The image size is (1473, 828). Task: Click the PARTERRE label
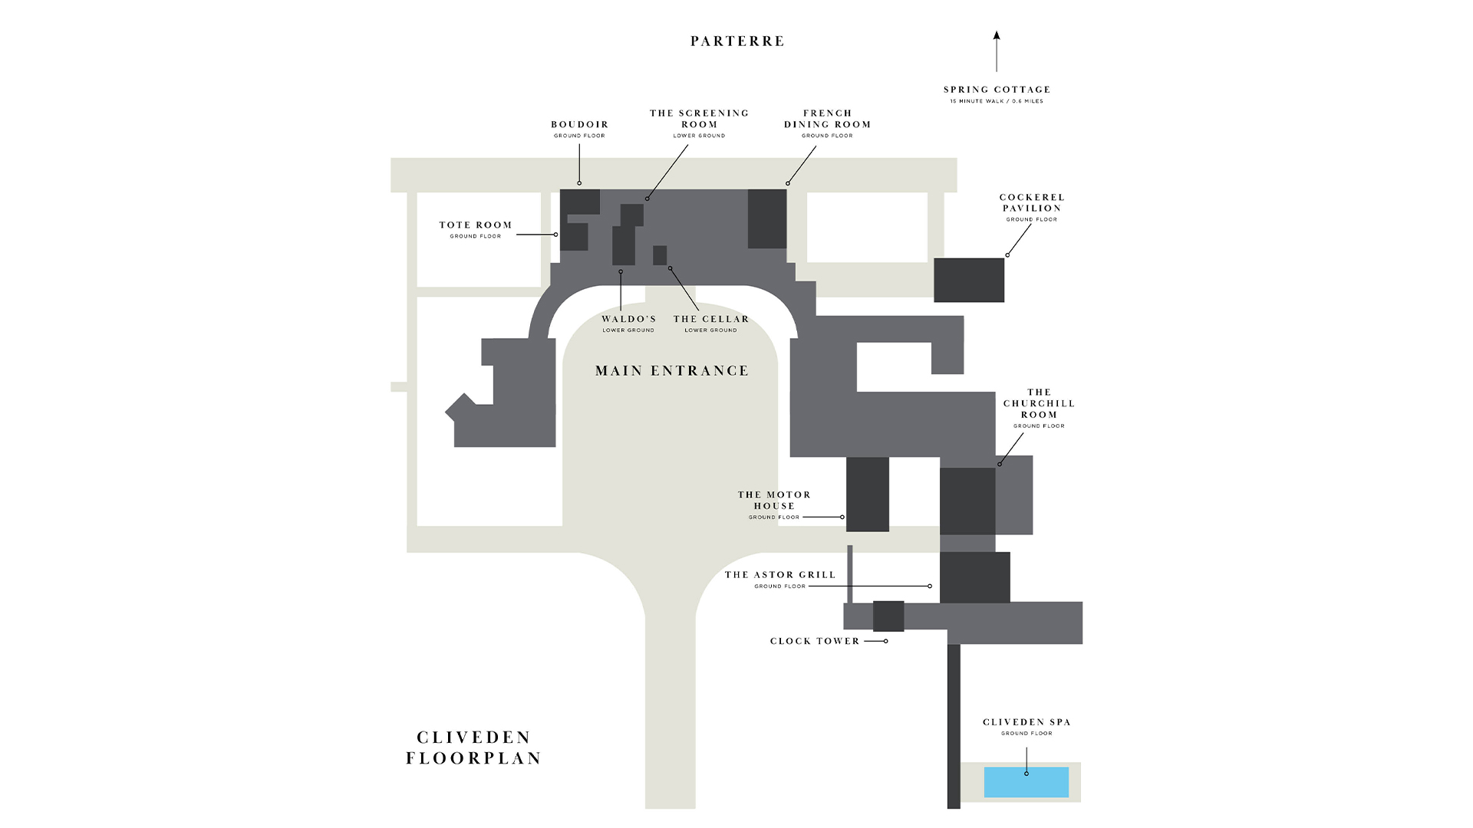[737, 41]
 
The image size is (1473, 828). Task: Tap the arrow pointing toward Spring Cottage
[997, 51]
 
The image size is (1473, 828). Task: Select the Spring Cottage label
[997, 90]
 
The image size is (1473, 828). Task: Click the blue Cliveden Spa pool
[1026, 782]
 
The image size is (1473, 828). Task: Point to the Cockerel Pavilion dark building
[969, 280]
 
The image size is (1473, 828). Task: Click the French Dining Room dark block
[767, 219]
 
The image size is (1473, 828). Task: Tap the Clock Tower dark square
[888, 616]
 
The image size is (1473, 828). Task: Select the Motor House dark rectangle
[867, 495]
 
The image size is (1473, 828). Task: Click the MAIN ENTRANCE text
[672, 371]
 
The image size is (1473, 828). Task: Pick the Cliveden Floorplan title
[474, 747]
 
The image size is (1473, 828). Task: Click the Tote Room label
[476, 225]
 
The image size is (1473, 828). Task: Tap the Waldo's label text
[628, 320]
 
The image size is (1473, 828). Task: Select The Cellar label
[711, 320]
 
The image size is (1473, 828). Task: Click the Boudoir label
[579, 125]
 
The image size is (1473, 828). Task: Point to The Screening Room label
[699, 119]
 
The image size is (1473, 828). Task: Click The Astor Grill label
[780, 575]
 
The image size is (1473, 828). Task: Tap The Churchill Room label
[1039, 403]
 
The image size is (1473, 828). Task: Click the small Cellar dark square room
[660, 255]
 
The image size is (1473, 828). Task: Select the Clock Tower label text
[815, 642]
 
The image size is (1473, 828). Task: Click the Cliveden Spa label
[1026, 722]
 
